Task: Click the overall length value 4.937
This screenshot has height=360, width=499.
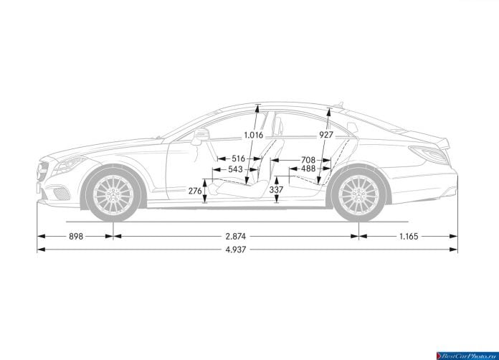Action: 236,250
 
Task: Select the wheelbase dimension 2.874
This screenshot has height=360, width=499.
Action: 236,236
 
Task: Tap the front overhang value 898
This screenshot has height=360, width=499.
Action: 76,236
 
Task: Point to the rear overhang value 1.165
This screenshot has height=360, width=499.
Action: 409,236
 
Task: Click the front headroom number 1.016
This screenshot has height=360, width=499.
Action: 254,136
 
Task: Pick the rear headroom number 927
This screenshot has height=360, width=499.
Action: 326,135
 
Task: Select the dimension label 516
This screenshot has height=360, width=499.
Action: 238,158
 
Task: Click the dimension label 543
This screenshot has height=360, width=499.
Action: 235,169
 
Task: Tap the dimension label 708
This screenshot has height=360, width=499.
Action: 308,160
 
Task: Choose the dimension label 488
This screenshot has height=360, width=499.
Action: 308,169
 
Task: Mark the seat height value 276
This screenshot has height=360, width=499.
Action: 195,191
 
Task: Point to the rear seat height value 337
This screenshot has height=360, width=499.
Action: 276,190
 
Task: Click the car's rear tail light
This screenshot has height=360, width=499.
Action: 429,154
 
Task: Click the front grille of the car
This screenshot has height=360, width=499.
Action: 42,172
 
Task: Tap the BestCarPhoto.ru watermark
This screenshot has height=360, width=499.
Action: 467,356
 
